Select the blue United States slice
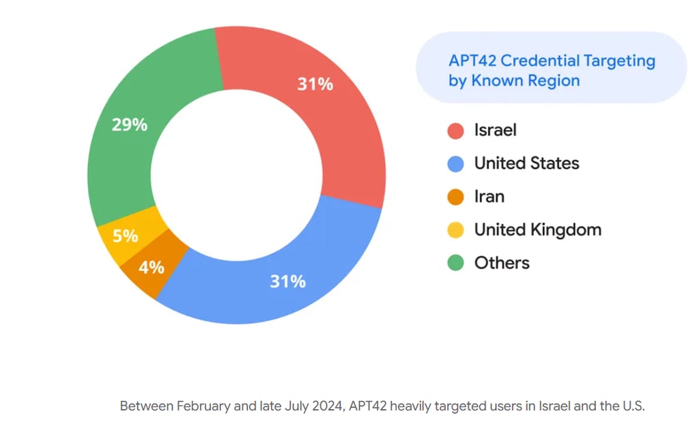pos(285,286)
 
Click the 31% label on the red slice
pos(315,84)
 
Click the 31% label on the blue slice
pos(288,281)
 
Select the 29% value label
pos(129,125)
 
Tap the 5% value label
pos(126,236)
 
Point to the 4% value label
pos(152,268)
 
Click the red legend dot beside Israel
pos(455,130)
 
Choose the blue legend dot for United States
pos(455,164)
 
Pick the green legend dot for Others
pos(455,263)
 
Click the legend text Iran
pos(489,197)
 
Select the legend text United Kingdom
pos(538,230)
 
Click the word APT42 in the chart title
pos(472,61)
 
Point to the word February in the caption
pos(203,406)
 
